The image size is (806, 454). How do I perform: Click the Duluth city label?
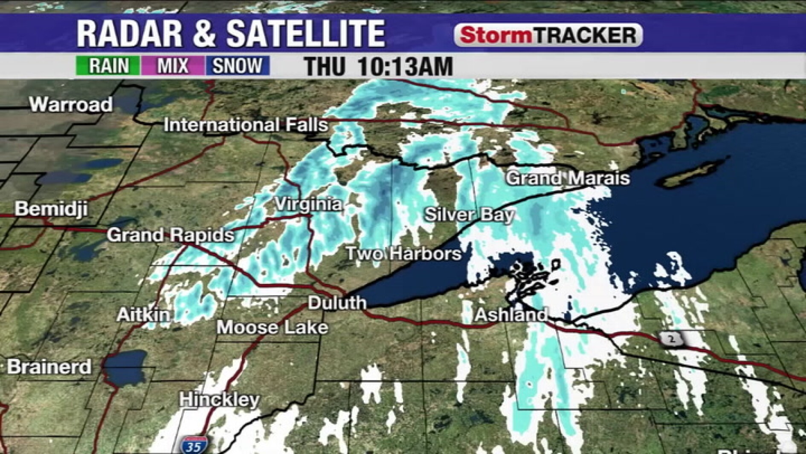coord(337,303)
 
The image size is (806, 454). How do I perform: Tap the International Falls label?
coord(246,125)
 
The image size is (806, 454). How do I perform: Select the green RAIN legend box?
coord(108,66)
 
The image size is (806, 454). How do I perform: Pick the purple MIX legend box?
coord(173,66)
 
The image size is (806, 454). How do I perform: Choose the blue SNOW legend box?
coord(237,66)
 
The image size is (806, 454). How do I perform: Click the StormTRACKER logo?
coord(548,35)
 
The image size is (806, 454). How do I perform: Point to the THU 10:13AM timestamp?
coord(378,66)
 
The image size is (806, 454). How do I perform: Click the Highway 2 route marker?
coord(672,339)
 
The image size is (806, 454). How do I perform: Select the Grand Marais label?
coord(567,178)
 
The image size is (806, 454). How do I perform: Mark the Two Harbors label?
coord(403,253)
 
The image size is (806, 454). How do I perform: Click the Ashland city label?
coord(511,315)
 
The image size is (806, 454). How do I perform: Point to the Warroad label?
coord(71,104)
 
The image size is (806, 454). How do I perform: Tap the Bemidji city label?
coord(51,209)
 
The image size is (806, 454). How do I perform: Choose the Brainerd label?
coord(49,367)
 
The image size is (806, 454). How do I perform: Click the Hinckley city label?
coord(219,399)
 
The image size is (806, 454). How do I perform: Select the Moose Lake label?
coord(273,327)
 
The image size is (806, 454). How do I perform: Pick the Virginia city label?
coord(308,204)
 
